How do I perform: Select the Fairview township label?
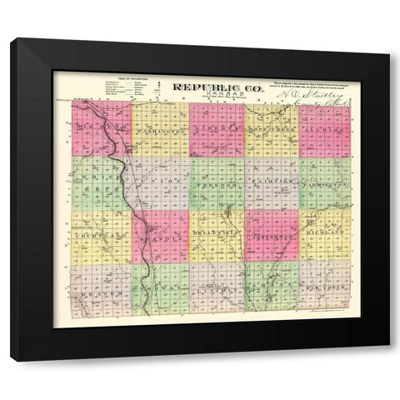[x=272, y=182]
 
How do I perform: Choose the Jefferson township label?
[x=272, y=236]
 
